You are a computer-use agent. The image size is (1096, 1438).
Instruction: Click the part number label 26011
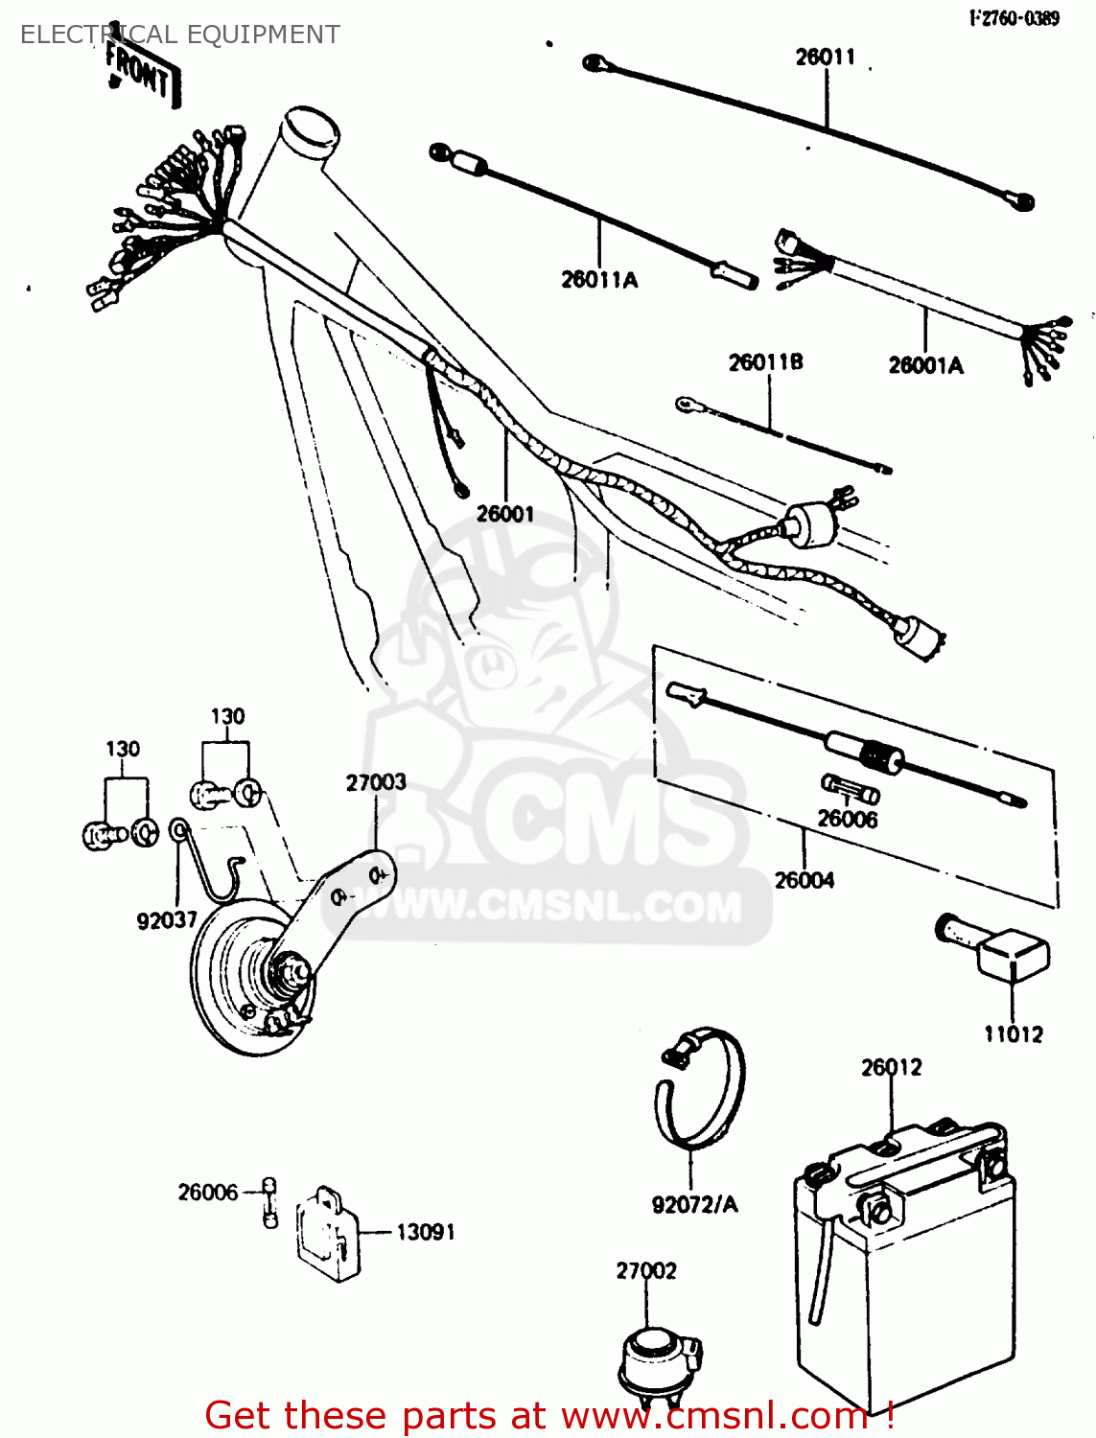click(x=825, y=58)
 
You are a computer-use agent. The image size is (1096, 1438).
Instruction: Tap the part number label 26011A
click(x=599, y=280)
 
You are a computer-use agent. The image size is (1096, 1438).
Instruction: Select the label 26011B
click(x=765, y=362)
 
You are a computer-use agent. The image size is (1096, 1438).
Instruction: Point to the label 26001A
click(x=925, y=365)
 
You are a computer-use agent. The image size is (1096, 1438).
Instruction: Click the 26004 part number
click(x=805, y=880)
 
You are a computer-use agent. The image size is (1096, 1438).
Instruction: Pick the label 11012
click(x=1013, y=1034)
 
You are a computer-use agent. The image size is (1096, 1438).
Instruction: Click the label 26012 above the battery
click(x=891, y=1068)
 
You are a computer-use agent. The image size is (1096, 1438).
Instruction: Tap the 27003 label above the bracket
click(x=376, y=783)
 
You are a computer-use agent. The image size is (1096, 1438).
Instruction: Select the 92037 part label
click(x=167, y=921)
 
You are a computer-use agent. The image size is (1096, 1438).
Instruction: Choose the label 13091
click(x=426, y=1232)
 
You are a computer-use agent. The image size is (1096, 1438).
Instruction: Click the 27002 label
click(x=645, y=1271)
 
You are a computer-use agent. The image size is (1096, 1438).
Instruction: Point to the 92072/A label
click(x=694, y=1205)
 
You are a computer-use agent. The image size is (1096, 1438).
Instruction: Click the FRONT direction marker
click(x=141, y=72)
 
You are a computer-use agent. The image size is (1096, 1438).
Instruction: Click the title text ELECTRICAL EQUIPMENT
click(x=179, y=35)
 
